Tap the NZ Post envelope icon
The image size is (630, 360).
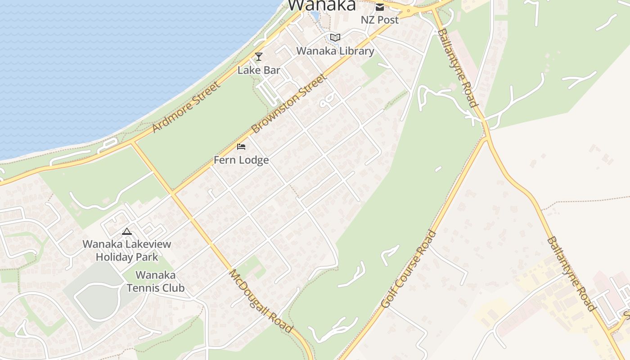tap(380, 7)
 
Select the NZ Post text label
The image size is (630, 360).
tap(380, 20)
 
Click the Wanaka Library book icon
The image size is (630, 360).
tap(335, 37)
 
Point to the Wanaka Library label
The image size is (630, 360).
tap(335, 51)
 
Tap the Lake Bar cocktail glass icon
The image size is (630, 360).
tap(259, 57)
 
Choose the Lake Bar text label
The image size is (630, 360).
tap(259, 70)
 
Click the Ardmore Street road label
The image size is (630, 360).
tap(186, 107)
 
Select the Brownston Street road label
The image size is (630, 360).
tap(288, 104)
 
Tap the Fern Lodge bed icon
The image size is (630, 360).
tap(241, 146)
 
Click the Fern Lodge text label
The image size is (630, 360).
tap(241, 160)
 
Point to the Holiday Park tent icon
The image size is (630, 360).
tap(127, 232)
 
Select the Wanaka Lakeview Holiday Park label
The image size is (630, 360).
tap(127, 251)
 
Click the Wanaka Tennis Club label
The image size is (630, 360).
tap(156, 281)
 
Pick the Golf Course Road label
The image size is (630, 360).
tap(409, 269)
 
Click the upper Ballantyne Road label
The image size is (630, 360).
tap(457, 67)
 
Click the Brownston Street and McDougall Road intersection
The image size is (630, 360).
tap(173, 193)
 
